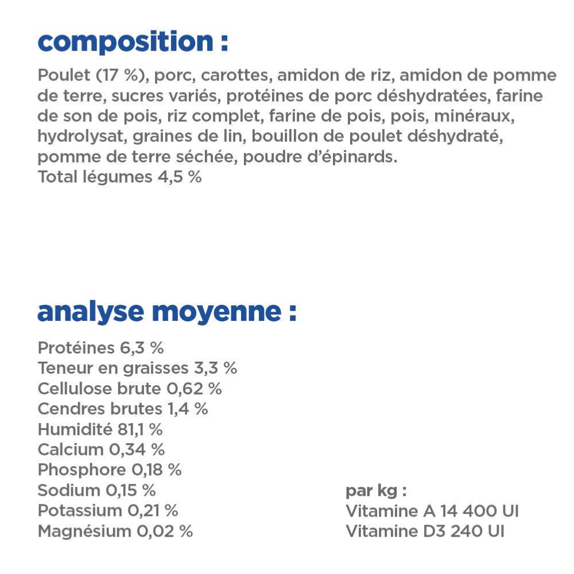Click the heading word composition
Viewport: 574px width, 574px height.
click(125, 42)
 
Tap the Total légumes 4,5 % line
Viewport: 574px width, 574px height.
click(119, 177)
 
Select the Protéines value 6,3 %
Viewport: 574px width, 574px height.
click(142, 348)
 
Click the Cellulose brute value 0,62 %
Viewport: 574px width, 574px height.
click(194, 389)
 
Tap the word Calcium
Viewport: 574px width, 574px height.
click(71, 449)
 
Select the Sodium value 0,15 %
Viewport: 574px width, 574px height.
click(130, 490)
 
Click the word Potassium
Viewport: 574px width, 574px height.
click(80, 510)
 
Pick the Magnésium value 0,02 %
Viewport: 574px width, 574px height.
click(164, 531)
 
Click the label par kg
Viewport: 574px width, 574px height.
click(376, 491)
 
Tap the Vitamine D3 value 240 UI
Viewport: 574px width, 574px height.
click(477, 531)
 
